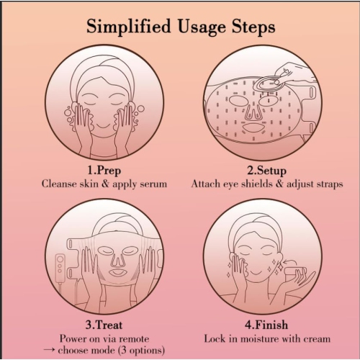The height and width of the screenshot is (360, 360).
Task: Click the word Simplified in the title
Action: pyautogui.click(x=128, y=27)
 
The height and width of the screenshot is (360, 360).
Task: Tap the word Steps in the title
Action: pyautogui.click(x=253, y=27)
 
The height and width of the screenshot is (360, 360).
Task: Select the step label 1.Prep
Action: pyautogui.click(x=104, y=171)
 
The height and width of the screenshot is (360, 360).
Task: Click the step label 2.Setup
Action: pyautogui.click(x=267, y=171)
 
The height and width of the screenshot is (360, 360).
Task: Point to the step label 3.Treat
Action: pyautogui.click(x=104, y=325)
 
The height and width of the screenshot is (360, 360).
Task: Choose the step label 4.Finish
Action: pyautogui.click(x=266, y=325)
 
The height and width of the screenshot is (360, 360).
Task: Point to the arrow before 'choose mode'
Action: pyautogui.click(x=49, y=350)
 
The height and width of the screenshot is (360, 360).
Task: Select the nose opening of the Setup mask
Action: pyautogui.click(x=253, y=112)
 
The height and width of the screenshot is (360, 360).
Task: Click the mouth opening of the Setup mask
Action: pyautogui.click(x=253, y=128)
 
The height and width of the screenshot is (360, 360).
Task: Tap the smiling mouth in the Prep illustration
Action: pyautogui.click(x=104, y=126)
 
